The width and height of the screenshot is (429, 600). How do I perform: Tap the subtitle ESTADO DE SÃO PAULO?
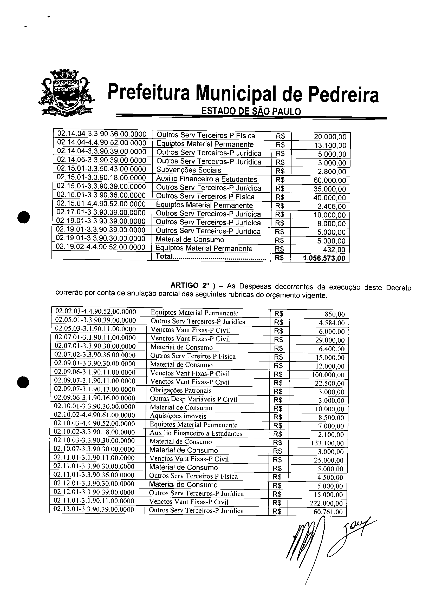click(251, 111)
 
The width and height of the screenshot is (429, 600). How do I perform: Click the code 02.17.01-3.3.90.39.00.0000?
click(101, 213)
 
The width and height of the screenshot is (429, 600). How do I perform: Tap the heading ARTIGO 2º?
click(190, 286)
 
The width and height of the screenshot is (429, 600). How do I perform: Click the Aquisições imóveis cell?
click(178, 416)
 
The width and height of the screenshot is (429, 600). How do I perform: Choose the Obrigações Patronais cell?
click(181, 390)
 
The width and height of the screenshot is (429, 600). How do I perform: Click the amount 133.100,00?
click(327, 443)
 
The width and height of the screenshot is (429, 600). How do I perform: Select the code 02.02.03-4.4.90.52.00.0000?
click(96, 312)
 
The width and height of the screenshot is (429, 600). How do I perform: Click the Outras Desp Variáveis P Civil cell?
click(193, 399)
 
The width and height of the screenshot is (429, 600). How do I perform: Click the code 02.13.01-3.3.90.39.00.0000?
click(94, 510)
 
